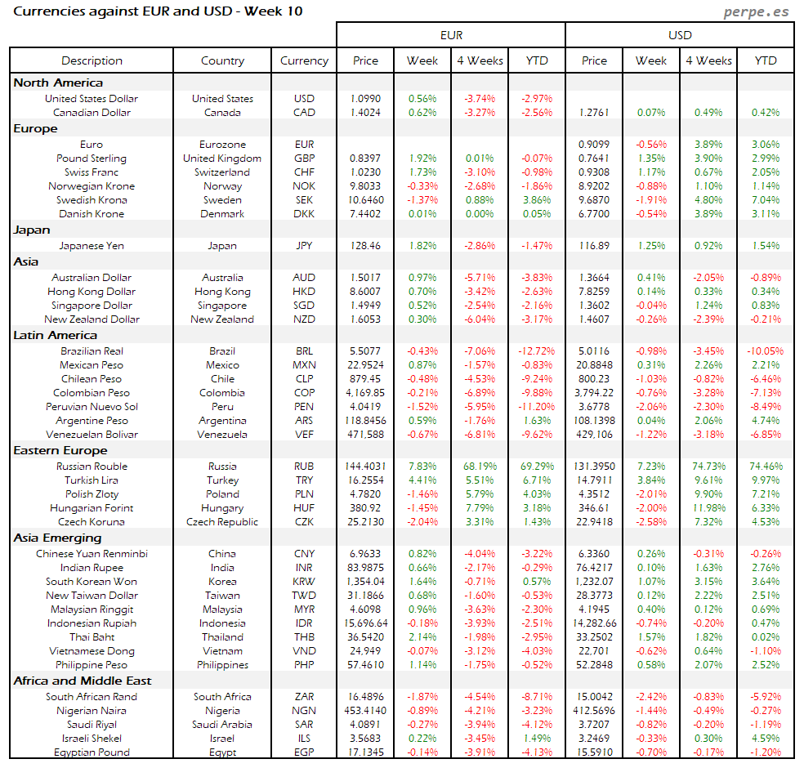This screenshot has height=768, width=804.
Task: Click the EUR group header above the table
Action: pos(451,35)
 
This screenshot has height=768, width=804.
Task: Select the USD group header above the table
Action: pos(680,35)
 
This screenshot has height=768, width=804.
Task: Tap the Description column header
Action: pos(92,60)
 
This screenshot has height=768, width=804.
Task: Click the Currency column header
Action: pos(304,60)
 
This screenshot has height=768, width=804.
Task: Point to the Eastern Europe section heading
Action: pos(60,450)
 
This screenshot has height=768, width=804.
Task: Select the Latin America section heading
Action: pos(55,335)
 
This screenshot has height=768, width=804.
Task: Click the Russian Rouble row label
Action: pos(92,467)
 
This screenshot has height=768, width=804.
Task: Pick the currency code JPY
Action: pos(304,246)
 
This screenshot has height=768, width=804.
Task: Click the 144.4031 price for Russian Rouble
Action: pos(366,467)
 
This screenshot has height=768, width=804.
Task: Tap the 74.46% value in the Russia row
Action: pos(766,467)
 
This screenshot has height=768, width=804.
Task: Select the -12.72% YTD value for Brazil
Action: pos(537,351)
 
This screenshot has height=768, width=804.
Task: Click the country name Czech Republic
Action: pos(222,522)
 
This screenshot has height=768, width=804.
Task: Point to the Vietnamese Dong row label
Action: pos(92,651)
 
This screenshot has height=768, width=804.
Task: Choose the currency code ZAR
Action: pos(304,697)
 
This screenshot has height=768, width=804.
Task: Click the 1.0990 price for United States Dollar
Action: pos(366,99)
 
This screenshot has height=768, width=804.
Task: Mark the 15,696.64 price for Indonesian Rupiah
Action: pos(366,623)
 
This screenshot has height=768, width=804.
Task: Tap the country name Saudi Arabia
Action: pos(222,725)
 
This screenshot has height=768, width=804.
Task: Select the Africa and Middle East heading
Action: pos(83,681)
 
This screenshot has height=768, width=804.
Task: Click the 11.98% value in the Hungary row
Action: pos(708,508)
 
